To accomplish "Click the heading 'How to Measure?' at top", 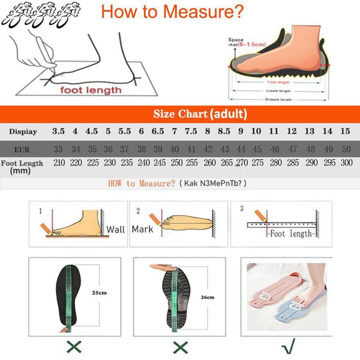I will click(172, 12).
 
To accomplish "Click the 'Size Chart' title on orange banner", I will click(200, 114).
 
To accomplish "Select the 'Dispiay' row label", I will click(23, 131).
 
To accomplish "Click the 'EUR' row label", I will click(23, 148).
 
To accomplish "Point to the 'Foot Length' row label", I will click(22, 163).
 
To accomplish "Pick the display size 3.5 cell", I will click(58, 131).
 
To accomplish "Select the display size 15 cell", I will click(345, 131).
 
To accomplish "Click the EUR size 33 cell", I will click(58, 149).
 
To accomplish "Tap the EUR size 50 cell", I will click(346, 149).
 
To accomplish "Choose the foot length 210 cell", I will click(59, 163).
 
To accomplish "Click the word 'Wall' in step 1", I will click(116, 229).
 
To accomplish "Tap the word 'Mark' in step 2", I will click(143, 229).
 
